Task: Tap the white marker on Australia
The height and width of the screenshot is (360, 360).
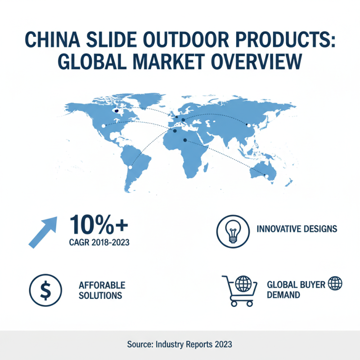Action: point(266,175)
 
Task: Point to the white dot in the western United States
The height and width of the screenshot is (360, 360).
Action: point(104,126)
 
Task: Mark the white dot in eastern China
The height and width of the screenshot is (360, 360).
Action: point(247,125)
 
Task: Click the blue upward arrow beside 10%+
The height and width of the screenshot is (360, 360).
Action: point(43,231)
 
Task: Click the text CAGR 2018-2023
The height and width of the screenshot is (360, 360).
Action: point(99,243)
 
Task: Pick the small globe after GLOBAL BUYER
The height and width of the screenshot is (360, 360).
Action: point(335,284)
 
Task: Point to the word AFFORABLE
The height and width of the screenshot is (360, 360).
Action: point(102,286)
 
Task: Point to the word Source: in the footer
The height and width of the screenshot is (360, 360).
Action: point(140,345)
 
